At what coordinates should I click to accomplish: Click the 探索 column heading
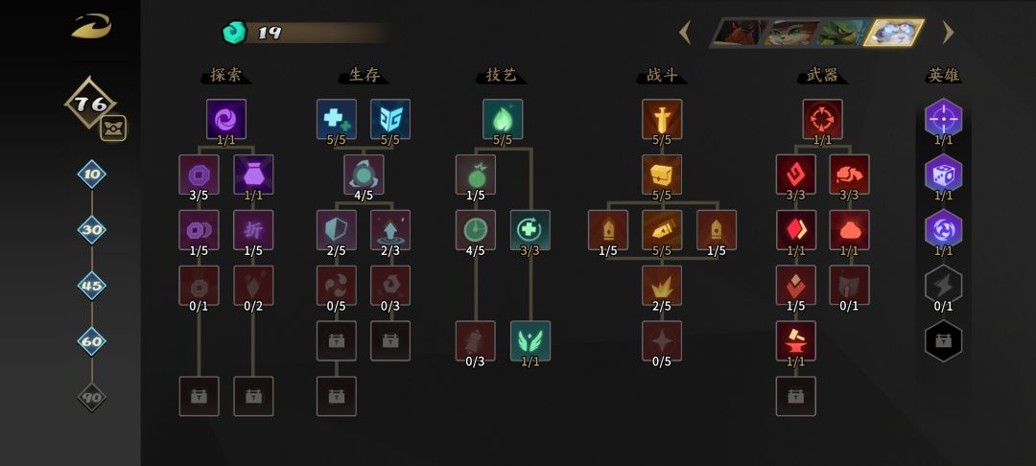pos(226,75)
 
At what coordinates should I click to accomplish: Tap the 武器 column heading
pos(822,75)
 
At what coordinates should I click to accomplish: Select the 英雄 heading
pos(943,75)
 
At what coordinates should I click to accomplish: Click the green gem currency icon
pos(234,33)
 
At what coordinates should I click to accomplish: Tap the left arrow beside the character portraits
pos(685,32)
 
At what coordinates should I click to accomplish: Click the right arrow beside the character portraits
pos(948,32)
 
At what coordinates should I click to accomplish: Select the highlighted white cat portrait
pos(895,33)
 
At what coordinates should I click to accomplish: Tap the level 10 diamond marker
pos(92,175)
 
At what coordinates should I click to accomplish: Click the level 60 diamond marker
pos(92,341)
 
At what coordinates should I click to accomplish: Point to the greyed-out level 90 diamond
pos(92,397)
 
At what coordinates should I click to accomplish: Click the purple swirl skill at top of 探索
pos(226,119)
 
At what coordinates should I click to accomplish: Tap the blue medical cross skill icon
pos(337,119)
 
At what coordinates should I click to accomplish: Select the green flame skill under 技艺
pos(503,119)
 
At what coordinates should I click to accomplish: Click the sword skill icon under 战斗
pos(662,119)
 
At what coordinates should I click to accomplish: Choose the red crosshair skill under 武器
pos(823,119)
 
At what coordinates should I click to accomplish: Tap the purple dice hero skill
pos(944,175)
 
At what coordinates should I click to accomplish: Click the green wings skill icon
pos(530,340)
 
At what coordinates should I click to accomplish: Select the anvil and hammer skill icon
pos(796,340)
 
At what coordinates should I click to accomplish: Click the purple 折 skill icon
pos(253,230)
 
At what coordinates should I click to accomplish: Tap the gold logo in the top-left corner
pos(92,27)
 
